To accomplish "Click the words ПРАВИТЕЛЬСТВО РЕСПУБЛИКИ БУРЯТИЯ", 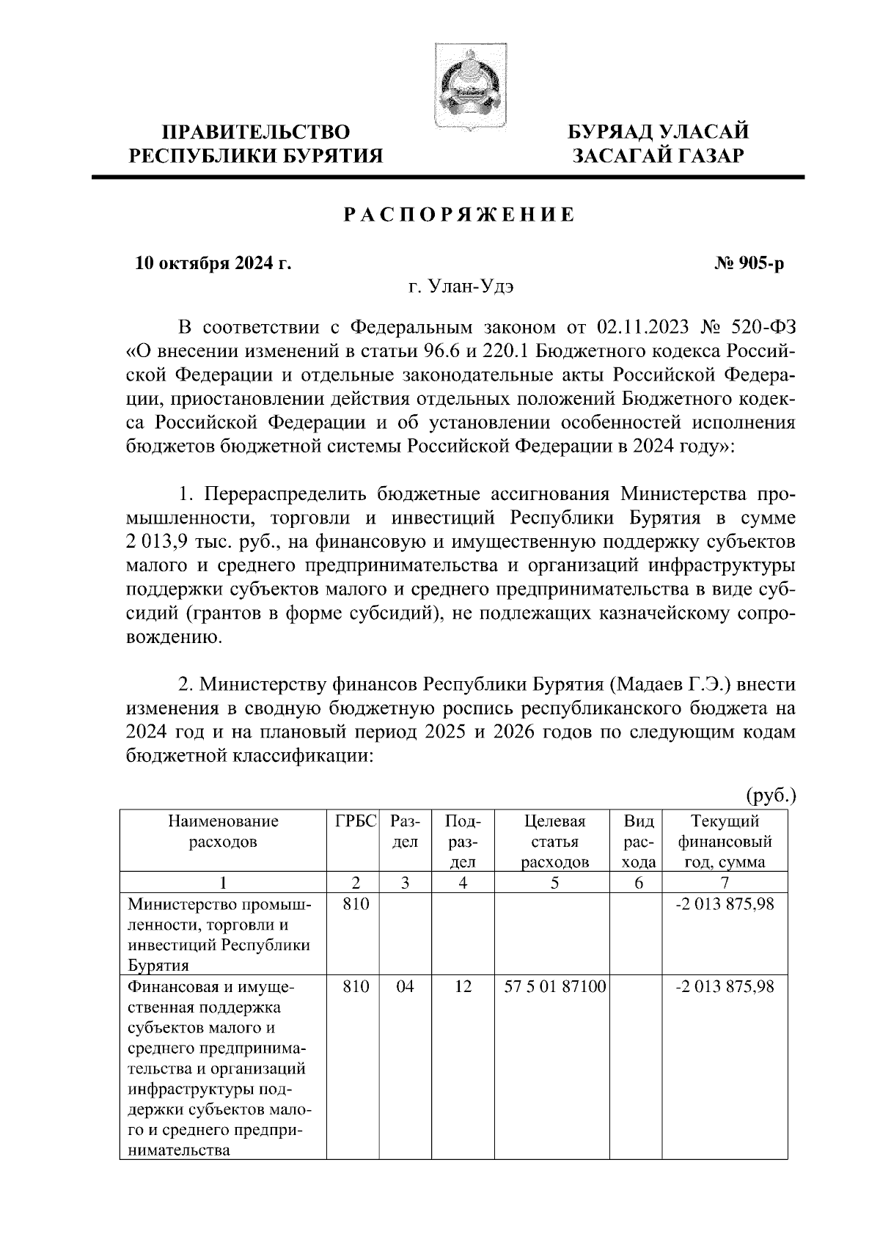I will click(x=256, y=144).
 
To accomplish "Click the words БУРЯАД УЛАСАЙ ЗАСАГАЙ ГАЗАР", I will click(x=659, y=144).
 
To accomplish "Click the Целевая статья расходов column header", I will click(x=555, y=841).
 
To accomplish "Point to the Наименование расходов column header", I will click(x=223, y=831).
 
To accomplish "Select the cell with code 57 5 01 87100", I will click(x=555, y=987).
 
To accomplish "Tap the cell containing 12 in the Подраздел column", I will click(x=463, y=987).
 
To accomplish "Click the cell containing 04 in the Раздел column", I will click(x=405, y=987).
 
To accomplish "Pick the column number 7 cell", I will click(x=725, y=883).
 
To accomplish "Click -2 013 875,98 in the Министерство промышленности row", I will click(x=725, y=905).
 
